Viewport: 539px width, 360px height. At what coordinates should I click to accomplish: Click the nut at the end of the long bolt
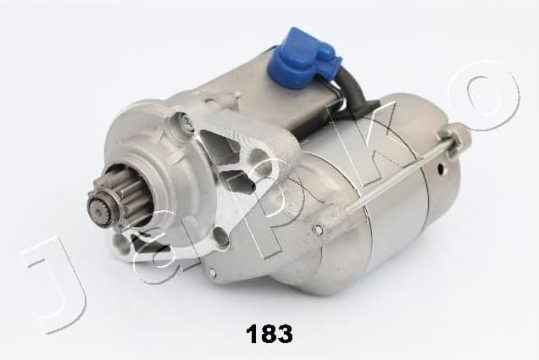(455, 135)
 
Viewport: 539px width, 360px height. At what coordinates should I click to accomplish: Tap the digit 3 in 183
(284, 334)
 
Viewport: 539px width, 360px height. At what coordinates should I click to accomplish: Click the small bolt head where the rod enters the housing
(318, 230)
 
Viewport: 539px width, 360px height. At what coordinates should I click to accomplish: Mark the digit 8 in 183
(268, 334)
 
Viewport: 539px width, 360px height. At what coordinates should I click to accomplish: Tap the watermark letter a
(157, 254)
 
